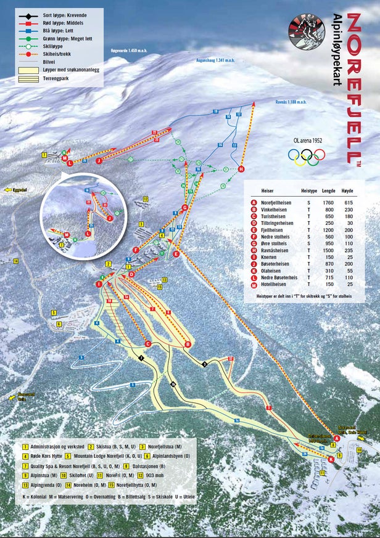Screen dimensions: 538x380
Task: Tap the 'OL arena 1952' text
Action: [308, 141]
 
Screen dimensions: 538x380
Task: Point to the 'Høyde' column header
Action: [349, 192]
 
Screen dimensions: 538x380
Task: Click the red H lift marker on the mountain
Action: [241, 169]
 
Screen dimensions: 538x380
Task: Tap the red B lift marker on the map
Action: [188, 344]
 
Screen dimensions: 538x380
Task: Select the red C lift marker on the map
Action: [147, 343]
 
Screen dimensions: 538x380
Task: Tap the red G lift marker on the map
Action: [184, 208]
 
